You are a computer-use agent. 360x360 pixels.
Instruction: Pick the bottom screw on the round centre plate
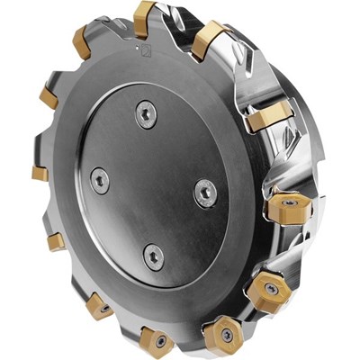(x=155, y=256)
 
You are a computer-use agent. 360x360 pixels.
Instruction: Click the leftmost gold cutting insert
(x=39, y=172)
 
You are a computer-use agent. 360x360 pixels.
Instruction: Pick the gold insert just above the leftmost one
(x=47, y=94)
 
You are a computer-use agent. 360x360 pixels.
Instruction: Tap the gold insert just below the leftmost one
(x=57, y=241)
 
